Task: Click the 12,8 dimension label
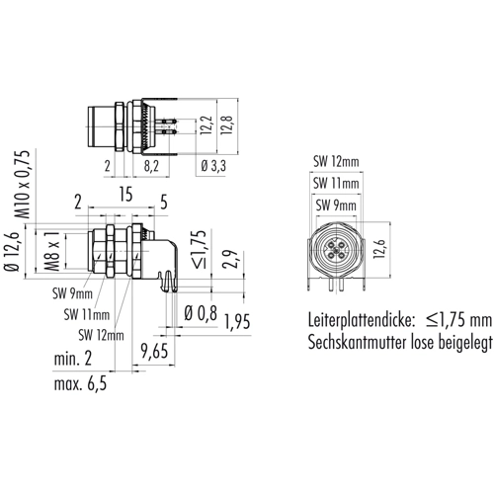[227, 124]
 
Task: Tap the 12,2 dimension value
[206, 125]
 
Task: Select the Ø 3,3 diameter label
[213, 166]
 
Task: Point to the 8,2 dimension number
[151, 166]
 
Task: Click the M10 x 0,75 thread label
[24, 185]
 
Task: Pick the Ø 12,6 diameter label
[12, 252]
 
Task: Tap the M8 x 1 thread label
[52, 251]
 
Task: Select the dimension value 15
[125, 195]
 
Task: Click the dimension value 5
[164, 202]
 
